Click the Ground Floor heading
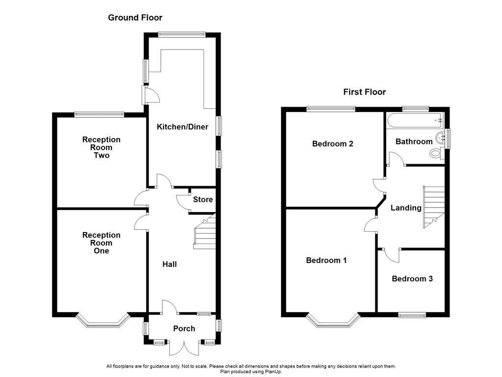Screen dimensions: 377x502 coord(135,18)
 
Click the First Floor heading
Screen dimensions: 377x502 coord(364,92)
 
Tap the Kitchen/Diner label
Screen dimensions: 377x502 coord(182,127)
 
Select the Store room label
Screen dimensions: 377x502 coord(202,199)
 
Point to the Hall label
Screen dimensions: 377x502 coord(170,264)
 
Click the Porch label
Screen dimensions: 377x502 coord(184,328)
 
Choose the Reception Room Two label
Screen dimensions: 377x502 coord(101,147)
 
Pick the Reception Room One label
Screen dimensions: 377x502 coord(101,243)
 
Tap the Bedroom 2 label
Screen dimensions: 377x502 coord(332,144)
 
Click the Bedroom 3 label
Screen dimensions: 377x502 coord(412,279)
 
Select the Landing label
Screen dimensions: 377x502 coord(405,208)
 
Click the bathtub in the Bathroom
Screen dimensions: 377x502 coord(415,120)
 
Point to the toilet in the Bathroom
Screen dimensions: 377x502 coord(435,154)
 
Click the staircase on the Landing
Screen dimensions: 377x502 coord(433,207)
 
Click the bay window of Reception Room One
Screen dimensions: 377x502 coord(103,322)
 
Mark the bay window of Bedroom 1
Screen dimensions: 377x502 coord(334,322)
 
